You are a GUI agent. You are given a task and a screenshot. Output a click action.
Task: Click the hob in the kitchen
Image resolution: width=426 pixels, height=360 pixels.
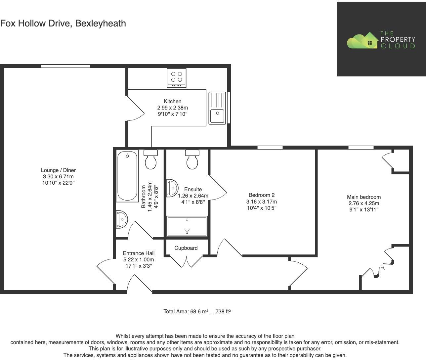click(177, 78)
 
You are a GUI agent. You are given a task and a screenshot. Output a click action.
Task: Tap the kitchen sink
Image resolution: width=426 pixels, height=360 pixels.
click(217, 108)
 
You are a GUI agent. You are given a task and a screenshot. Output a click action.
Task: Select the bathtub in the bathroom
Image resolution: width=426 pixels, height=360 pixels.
click(127, 176)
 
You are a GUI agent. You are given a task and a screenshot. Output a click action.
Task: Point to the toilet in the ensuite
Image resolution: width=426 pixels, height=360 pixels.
click(192, 159)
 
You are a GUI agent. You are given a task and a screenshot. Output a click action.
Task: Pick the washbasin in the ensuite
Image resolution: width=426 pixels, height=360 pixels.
click(172, 188)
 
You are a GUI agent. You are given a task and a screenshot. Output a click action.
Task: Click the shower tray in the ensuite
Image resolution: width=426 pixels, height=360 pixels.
click(187, 226)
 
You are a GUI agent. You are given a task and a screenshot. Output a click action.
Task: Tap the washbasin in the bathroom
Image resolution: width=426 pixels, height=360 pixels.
click(122, 219)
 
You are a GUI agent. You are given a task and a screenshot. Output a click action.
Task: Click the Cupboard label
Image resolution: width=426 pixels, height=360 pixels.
click(186, 248)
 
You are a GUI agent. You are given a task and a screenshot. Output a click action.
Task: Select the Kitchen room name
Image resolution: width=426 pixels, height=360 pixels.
click(172, 101)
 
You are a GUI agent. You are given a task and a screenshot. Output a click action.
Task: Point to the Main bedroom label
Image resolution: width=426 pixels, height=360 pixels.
click(364, 197)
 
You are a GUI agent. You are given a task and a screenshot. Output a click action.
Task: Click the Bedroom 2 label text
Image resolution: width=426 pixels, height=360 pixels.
click(262, 195)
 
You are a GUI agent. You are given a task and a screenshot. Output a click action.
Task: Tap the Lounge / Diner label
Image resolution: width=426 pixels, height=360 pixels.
click(58, 170)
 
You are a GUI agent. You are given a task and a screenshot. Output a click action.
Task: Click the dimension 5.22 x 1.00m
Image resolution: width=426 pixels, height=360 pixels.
click(139, 259)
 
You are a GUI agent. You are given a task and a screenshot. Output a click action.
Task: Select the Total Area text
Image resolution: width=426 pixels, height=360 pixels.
click(197, 311)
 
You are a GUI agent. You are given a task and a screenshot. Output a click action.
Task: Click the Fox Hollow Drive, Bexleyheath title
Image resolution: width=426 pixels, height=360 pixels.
click(63, 23)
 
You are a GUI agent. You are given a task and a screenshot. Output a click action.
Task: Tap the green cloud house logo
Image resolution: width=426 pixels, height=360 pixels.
click(362, 40)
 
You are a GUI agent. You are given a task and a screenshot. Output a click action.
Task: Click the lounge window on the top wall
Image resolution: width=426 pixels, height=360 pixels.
click(65, 66)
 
